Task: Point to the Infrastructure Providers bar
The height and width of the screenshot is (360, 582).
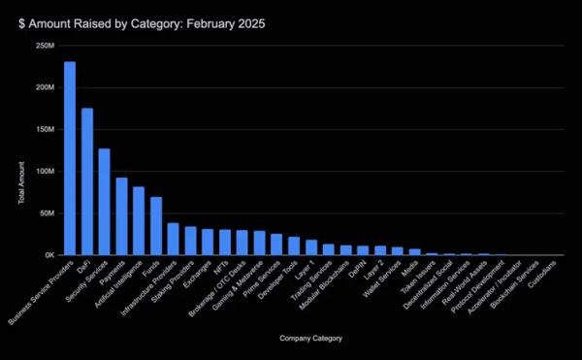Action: pyautogui.click(x=173, y=240)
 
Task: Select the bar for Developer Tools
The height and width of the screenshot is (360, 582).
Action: pyautogui.click(x=294, y=245)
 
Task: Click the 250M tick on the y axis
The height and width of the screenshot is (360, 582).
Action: pyautogui.click(x=44, y=46)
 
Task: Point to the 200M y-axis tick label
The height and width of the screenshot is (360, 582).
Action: pyautogui.click(x=44, y=87)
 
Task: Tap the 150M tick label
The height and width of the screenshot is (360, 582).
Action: pyautogui.click(x=44, y=129)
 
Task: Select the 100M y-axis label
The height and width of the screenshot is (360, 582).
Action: pyautogui.click(x=44, y=172)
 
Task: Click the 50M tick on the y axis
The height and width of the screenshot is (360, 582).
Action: pyautogui.click(x=46, y=213)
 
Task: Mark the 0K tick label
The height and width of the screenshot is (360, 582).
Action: pyautogui.click(x=48, y=255)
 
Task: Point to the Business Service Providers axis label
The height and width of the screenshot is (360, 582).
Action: pyautogui.click(x=39, y=291)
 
